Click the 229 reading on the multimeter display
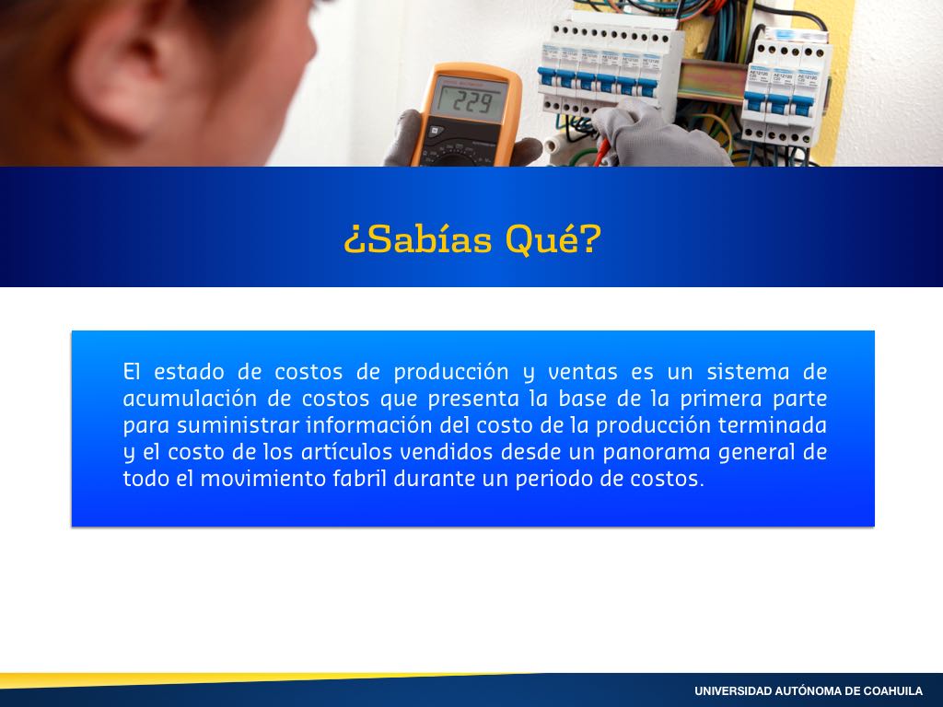471,102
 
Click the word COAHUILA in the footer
893,691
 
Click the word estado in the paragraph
189,372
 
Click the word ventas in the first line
583,372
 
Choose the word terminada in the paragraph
773,425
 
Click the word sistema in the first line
748,372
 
